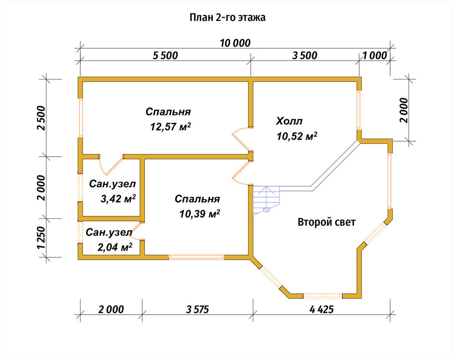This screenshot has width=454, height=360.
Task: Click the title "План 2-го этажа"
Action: pos(227,18)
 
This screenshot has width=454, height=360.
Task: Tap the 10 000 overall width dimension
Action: pos(235,43)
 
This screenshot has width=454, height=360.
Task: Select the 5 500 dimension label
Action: pos(165,55)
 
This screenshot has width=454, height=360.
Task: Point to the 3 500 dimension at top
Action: pos(305,55)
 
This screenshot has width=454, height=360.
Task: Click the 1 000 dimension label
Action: pos(375,55)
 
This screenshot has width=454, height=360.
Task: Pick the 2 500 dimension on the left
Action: pos(41,118)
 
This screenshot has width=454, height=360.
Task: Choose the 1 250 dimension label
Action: pos(41,237)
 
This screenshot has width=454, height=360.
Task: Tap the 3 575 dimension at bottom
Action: pos(197,309)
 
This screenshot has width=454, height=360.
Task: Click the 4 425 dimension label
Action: pos(321,309)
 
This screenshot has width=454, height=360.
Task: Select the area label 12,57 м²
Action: pos(170,127)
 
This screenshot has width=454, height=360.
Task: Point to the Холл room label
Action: pos(289,121)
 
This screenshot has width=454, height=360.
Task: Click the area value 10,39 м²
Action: pos(199,214)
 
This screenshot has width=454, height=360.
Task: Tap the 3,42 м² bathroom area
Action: pos(118,199)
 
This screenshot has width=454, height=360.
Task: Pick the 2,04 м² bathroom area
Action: pos(115,247)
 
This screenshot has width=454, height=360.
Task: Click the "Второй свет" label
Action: pos(326,222)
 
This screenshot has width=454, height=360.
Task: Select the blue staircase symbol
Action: pos(266,200)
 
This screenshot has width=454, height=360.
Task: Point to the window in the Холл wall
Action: pos(359,110)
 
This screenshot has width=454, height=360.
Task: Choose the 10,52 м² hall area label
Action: pos(297,136)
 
